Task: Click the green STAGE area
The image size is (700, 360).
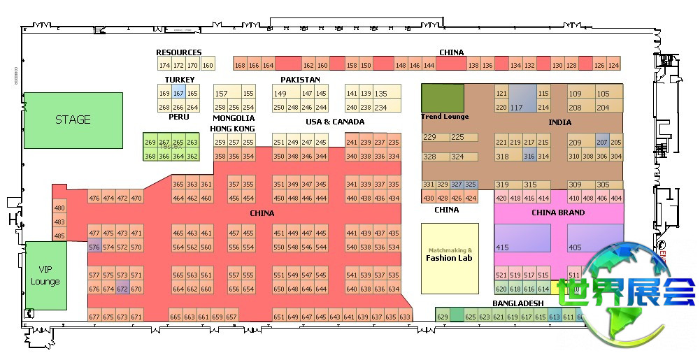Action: pos(73,120)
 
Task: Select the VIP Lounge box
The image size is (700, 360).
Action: pos(45,275)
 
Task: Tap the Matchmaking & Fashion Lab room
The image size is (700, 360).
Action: pos(450,258)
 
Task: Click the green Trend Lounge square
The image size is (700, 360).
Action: pos(443,97)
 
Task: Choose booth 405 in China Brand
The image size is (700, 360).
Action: pos(594,238)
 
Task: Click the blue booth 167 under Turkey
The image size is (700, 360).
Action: pos(178,94)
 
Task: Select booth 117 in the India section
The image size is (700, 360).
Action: pos(522,99)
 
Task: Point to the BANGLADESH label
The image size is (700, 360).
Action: pos(517,303)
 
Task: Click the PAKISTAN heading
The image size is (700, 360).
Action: pos(300,80)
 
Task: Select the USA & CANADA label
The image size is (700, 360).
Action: pos(335,122)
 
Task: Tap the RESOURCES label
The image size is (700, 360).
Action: pos(178,52)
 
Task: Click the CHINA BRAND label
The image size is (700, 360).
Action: pos(558,213)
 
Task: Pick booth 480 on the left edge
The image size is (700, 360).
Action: pos(59,208)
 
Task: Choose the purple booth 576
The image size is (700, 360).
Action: pos(94,247)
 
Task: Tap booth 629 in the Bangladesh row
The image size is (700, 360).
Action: pos(442,317)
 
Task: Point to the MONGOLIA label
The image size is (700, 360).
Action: pos(233,119)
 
